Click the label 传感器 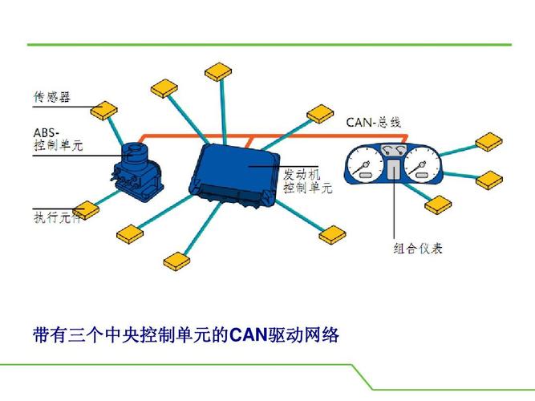tap(51, 98)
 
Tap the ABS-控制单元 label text tap(57, 139)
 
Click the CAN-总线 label tap(373, 122)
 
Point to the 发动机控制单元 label tap(307, 182)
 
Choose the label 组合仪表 tap(418, 248)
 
